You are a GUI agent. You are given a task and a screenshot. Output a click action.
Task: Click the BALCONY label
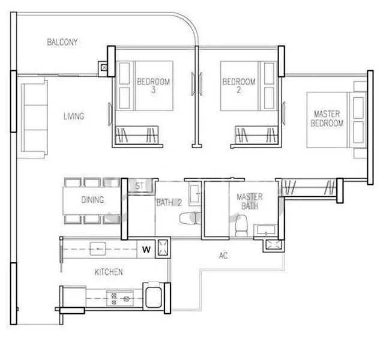(62, 43)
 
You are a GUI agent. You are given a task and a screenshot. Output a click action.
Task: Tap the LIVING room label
(74, 116)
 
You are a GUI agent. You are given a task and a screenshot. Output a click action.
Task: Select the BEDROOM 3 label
(154, 86)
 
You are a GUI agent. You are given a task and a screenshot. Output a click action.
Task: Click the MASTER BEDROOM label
(327, 119)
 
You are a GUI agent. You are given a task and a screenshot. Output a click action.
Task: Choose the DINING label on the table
(92, 200)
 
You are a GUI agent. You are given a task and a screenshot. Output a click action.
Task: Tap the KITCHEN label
(109, 272)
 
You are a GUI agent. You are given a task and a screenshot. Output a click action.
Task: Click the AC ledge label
(223, 256)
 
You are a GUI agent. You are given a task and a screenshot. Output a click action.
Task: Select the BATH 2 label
(169, 203)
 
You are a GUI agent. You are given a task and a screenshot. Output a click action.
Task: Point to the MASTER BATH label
(249, 201)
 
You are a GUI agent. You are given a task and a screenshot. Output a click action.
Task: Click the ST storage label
(139, 186)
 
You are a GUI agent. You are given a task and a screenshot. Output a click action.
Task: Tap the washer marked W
(146, 247)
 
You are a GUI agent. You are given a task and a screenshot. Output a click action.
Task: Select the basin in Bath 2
(194, 193)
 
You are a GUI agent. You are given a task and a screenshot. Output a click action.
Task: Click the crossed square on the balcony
(106, 68)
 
